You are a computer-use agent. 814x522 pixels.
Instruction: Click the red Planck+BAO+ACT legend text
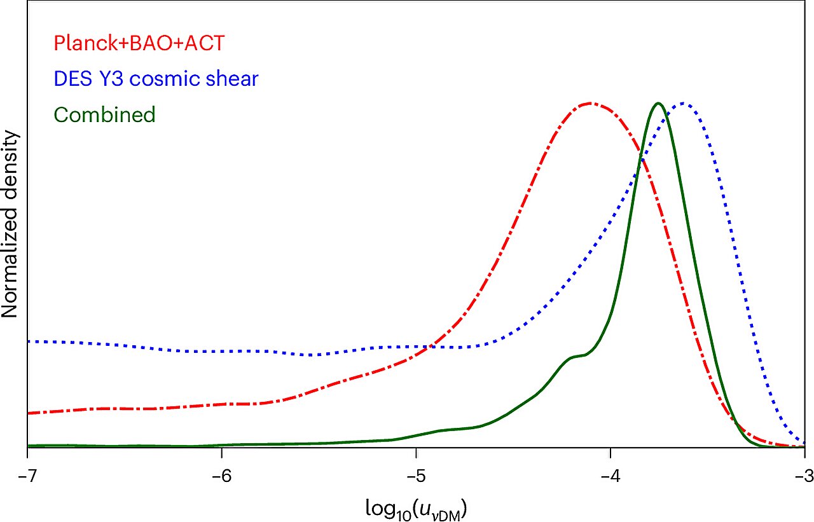(x=140, y=43)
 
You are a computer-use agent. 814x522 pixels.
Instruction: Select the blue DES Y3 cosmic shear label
(x=156, y=79)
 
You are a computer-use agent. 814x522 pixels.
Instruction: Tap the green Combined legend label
(x=105, y=114)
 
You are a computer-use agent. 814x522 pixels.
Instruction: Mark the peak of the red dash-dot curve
(x=590, y=102)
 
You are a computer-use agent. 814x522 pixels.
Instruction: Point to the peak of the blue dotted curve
(x=683, y=102)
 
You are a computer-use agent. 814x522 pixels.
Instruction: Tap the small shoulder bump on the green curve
(x=576, y=357)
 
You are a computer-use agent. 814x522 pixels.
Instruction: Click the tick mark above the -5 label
(x=416, y=453)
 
